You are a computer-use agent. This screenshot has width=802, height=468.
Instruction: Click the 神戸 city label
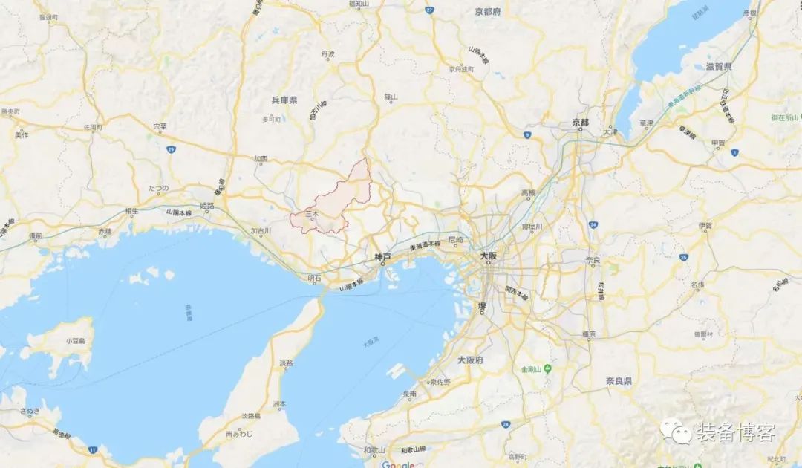(x=382, y=259)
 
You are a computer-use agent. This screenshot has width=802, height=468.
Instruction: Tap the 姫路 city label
(x=207, y=206)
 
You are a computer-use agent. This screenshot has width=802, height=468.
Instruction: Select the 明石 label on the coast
(x=315, y=279)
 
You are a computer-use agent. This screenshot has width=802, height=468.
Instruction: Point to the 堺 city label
(x=482, y=306)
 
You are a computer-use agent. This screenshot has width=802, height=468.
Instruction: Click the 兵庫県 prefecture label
(x=284, y=100)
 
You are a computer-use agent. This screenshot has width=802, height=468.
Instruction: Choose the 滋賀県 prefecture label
(x=719, y=66)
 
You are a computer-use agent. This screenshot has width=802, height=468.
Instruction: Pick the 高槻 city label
(x=528, y=193)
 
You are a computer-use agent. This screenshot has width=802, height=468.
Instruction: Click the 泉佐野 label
(x=439, y=382)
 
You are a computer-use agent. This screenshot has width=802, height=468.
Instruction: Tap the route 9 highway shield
(x=526, y=134)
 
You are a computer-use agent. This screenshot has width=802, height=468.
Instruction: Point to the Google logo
(x=398, y=463)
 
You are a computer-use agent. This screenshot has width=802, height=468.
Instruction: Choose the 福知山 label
(x=359, y=4)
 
